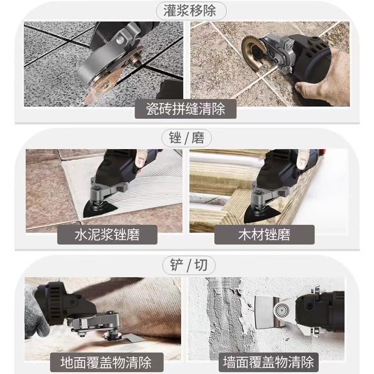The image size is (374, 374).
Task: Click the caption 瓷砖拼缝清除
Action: [x=186, y=109]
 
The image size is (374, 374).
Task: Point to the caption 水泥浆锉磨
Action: [x=107, y=234]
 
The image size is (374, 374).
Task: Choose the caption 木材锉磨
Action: [x=264, y=234]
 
